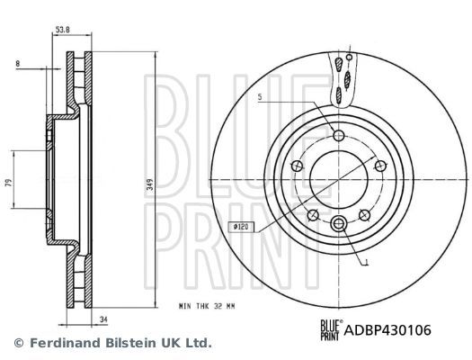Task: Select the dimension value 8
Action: (x=18, y=64)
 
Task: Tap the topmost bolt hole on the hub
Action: (x=339, y=136)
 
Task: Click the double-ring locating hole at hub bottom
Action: (x=339, y=225)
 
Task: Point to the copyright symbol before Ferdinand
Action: (x=18, y=343)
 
